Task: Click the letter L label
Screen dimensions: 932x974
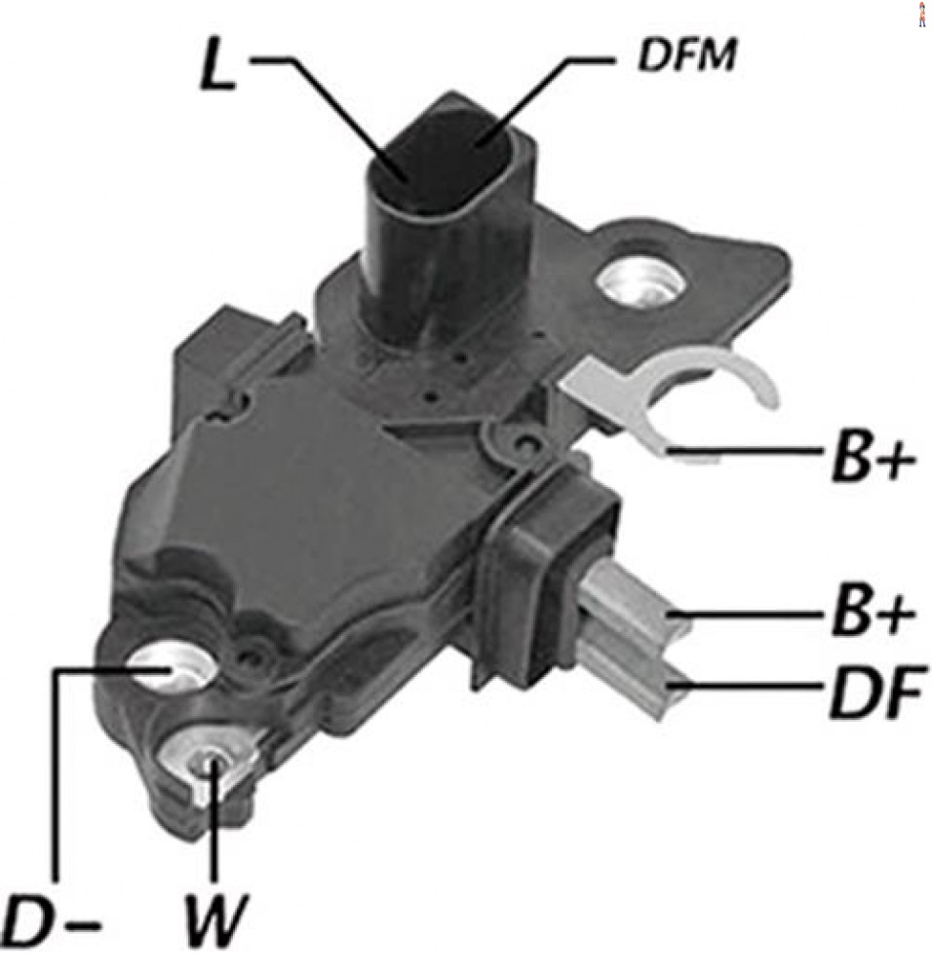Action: click(x=217, y=66)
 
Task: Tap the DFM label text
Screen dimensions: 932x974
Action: click(x=686, y=56)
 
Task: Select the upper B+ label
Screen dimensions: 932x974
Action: click(x=872, y=461)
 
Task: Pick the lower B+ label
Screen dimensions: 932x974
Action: click(x=872, y=615)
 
